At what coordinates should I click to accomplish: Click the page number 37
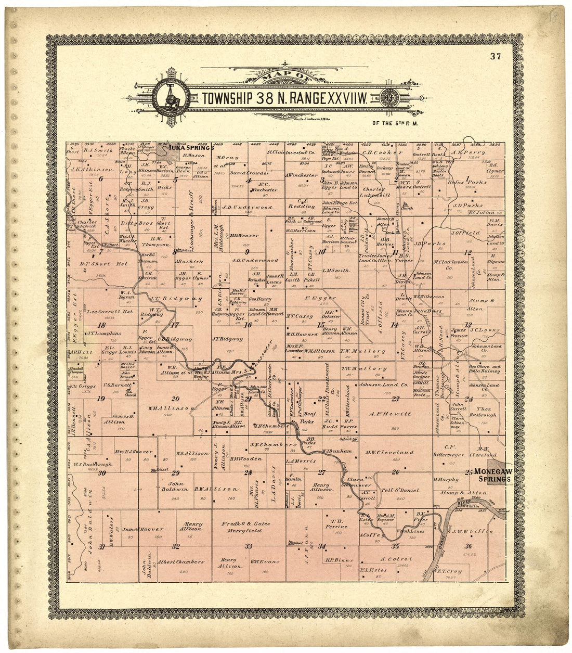(x=495, y=57)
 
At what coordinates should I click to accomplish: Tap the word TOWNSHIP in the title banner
(x=226, y=97)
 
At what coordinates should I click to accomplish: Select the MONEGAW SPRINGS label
(x=493, y=474)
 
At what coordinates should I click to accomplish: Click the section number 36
(x=469, y=545)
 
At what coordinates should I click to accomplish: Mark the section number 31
(x=102, y=546)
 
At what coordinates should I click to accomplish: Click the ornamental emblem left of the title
(x=170, y=97)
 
